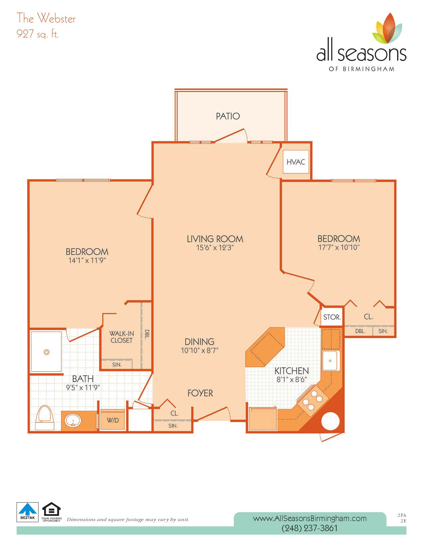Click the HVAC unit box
[x=296, y=161]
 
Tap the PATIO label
[x=228, y=116]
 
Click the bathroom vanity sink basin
[x=73, y=420]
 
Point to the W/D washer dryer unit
[x=112, y=420]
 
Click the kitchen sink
[x=331, y=360]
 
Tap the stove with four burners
[x=313, y=400]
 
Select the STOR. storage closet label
[x=332, y=317]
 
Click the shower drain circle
[x=46, y=352]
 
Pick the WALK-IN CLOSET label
[x=121, y=337]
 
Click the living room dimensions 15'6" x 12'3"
[x=215, y=248]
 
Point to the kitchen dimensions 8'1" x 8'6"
[x=292, y=379]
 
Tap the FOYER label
[x=200, y=393]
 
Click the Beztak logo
[x=28, y=512]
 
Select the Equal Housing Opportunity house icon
[x=51, y=509]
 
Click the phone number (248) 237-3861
[x=310, y=528]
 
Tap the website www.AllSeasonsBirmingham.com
[x=310, y=518]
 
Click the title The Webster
[x=46, y=18]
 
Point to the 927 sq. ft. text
[x=37, y=34]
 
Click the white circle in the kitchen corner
[x=330, y=421]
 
